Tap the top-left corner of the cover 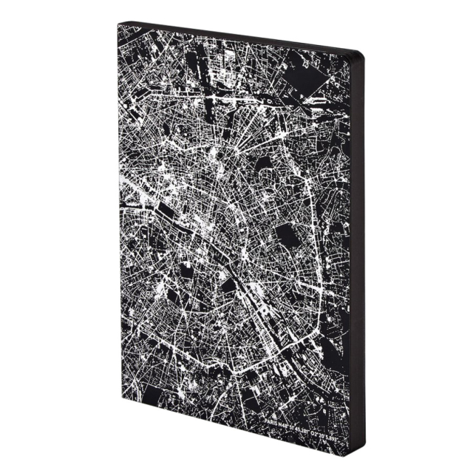(x=119, y=23)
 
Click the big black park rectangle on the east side (x=286, y=236)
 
